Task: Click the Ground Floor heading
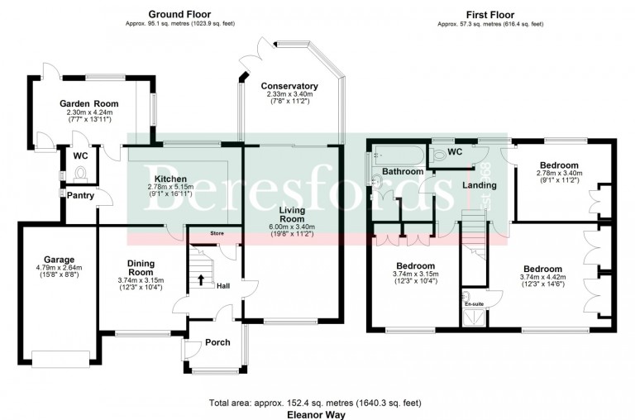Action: point(179,14)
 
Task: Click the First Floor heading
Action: point(491,14)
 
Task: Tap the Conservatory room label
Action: point(289,86)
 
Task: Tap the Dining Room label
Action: point(140,268)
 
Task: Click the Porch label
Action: point(217,342)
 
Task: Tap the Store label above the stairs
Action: point(217,234)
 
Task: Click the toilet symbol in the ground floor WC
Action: point(81,173)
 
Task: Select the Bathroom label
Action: point(403,171)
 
